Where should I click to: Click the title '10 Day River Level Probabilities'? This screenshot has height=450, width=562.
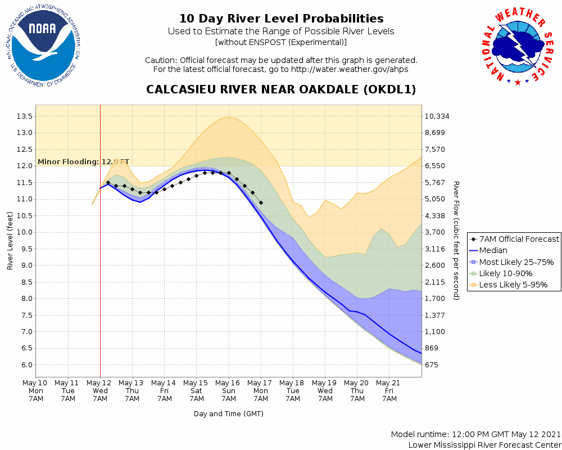click(x=281, y=19)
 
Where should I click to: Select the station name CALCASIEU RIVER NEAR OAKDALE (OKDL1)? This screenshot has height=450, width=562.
click(x=281, y=89)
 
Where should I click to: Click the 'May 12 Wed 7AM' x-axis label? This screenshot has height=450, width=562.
click(x=100, y=390)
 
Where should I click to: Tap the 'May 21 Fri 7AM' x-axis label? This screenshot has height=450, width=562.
click(x=389, y=390)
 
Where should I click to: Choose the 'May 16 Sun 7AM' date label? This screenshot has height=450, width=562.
click(x=229, y=390)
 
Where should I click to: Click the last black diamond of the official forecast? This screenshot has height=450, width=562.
click(x=261, y=202)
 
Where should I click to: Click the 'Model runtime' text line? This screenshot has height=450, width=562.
click(x=475, y=434)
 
